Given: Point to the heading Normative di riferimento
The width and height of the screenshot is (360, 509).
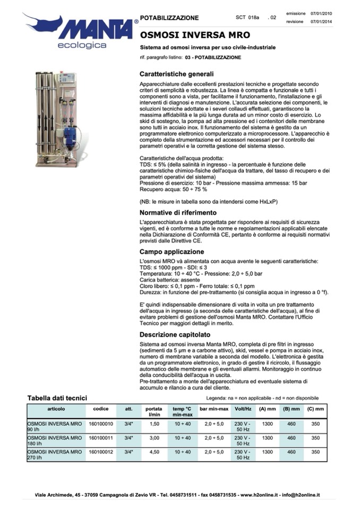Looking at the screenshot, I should point(178,212).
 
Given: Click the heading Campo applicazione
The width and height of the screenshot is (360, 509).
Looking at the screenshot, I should point(172,252).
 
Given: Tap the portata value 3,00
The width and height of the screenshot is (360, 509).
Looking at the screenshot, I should point(155,438).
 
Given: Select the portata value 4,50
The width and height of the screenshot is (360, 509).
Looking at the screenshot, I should point(155,452).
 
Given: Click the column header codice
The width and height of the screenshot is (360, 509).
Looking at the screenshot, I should point(100,409).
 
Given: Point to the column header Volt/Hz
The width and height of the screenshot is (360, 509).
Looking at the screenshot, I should point(243,409).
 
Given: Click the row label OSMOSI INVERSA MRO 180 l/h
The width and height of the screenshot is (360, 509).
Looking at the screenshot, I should point(55,441).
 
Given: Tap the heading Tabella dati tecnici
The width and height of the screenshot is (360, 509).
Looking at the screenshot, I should point(57,398).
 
